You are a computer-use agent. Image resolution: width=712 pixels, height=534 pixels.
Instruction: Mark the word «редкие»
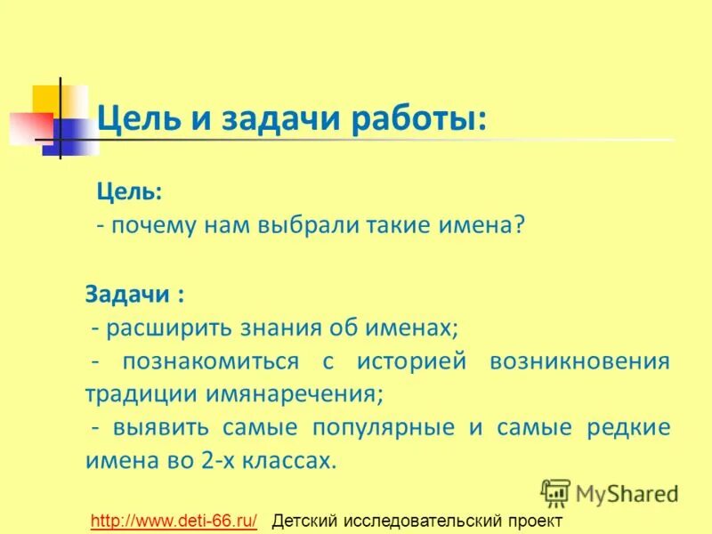click(x=628, y=428)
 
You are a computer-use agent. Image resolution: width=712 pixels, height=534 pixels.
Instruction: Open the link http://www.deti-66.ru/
click(x=174, y=521)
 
